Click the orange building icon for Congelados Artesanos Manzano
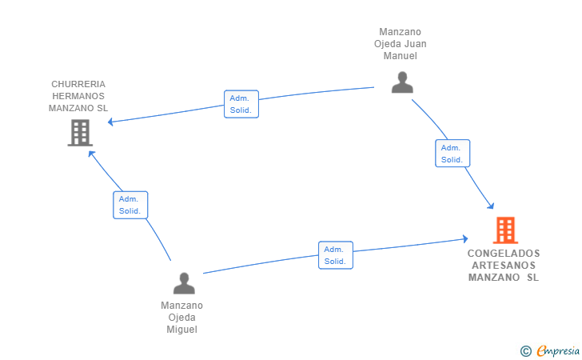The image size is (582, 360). point(505,230)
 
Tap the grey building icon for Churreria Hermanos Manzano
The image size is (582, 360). point(80,133)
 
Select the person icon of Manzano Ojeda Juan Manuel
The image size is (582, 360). point(402,82)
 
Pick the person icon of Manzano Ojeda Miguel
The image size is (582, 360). point(184,283)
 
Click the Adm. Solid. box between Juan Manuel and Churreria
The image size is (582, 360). point(241,104)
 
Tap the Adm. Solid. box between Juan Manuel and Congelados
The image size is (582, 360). point(452,154)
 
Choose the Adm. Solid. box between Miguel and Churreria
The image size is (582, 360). point(130,205)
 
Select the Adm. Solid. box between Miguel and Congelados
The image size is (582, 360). point(336,255)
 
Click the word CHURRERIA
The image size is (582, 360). point(78,84)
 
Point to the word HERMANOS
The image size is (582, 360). point(78,96)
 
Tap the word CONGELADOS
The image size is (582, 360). point(504,254)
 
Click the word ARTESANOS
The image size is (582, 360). point(504,266)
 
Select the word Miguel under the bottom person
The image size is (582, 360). point(182,330)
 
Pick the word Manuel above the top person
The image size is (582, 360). point(400,56)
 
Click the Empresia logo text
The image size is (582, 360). point(558,350)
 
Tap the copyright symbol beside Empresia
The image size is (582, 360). point(526,351)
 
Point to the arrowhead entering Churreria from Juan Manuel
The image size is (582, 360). point(110,122)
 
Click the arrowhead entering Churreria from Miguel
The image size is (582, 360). point(91,154)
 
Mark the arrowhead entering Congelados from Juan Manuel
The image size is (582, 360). point(491,206)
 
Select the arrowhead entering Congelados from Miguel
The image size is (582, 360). point(465,239)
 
